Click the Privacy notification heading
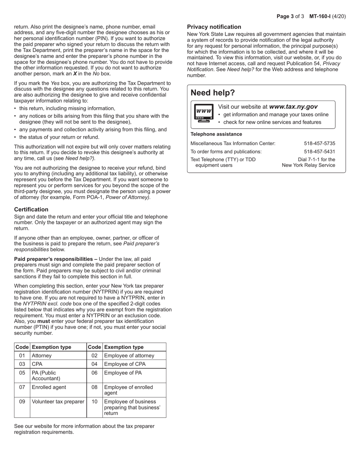point(214,27)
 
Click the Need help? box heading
point(213,93)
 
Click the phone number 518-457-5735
point(319,144)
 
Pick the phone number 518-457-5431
point(319,152)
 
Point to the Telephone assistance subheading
point(216,134)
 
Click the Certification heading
point(31,210)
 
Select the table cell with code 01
point(22,356)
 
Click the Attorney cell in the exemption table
point(42,356)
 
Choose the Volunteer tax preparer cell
point(58,402)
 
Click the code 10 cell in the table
point(94,402)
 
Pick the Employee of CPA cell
point(125,364)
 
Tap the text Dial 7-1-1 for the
point(316,160)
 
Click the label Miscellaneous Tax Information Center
point(233,144)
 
